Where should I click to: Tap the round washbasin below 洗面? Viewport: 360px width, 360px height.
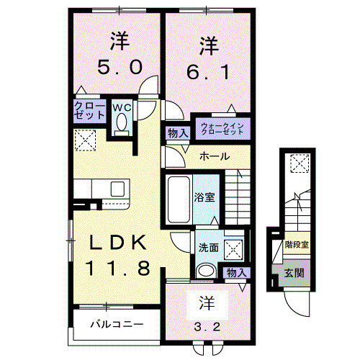pyautogui.click(x=207, y=271)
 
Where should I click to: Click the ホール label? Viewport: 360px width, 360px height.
pyautogui.click(x=215, y=156)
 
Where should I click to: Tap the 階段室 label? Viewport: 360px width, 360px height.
pyautogui.click(x=296, y=244)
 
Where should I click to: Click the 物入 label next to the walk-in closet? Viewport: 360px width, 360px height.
pyautogui.click(x=177, y=132)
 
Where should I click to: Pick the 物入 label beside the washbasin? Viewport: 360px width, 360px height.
pyautogui.click(x=235, y=272)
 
